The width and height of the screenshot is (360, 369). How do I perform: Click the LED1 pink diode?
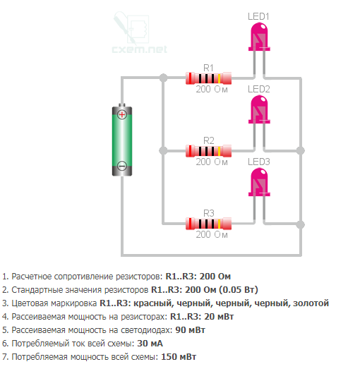259,37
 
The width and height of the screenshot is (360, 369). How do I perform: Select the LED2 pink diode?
259,109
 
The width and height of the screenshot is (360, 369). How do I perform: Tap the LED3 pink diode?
259,182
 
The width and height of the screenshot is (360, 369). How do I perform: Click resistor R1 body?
209,78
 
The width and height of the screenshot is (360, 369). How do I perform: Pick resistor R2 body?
209,151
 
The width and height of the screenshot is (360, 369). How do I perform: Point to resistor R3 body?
209,224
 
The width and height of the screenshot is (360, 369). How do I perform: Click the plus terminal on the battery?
122,114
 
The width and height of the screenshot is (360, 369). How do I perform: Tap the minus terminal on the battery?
122,166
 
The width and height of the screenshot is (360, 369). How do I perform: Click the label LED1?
258,16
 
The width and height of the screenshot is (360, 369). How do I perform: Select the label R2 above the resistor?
209,140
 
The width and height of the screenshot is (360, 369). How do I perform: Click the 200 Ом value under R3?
212,234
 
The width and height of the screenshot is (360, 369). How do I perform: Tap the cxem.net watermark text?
139,49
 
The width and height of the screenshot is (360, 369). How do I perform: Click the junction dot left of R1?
163,78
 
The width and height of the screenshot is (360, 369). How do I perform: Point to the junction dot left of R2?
163,150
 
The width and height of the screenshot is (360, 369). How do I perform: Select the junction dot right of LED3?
301,224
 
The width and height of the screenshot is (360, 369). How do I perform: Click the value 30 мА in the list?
150,344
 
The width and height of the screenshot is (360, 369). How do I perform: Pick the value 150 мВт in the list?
179,357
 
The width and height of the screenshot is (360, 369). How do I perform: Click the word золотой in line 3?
311,303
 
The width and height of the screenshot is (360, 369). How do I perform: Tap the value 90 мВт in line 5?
191,330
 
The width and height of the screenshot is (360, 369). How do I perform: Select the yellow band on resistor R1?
219,78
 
